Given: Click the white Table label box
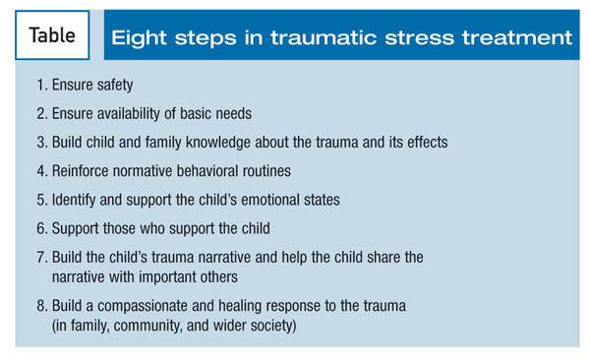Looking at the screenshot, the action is coord(52,35).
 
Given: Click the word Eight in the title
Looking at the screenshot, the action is coord(139,38).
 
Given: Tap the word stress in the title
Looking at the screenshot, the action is coord(419,38).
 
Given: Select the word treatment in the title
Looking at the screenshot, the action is coord(517,38).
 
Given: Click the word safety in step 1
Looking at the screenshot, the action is coord(115,86).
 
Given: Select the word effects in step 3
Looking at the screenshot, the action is coord(428,143).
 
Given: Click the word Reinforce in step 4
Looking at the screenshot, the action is coord(81,171).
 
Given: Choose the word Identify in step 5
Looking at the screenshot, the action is coord(74,200).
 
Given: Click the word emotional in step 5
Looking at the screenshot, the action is coord(270,200).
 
